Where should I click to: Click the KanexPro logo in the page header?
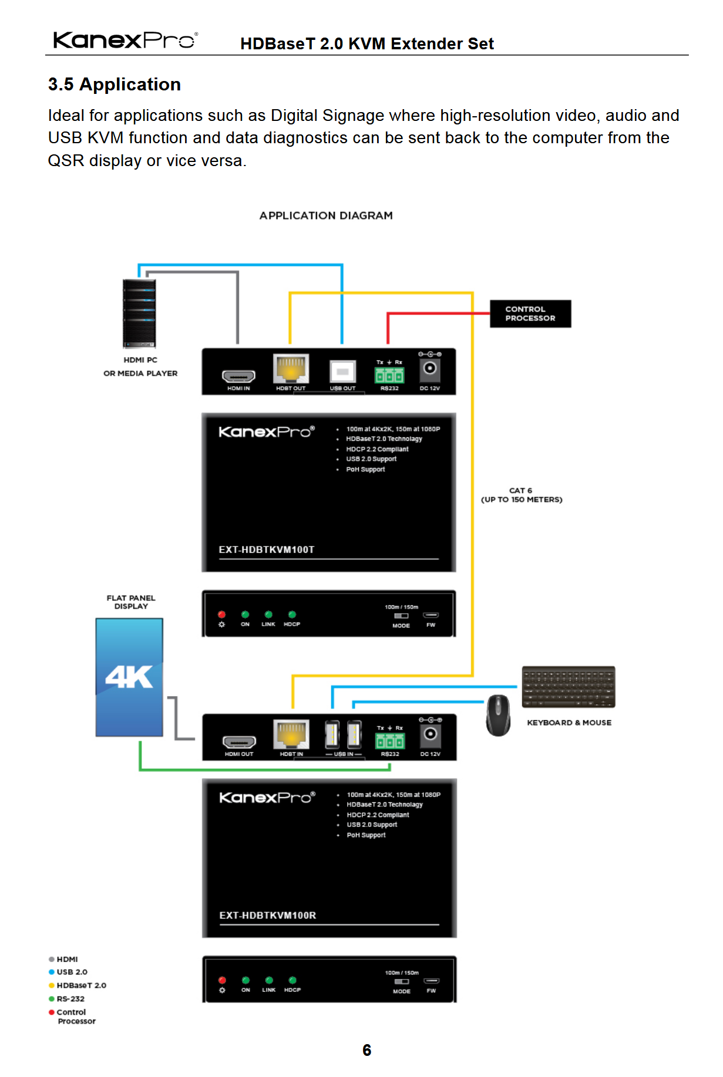pos(125,40)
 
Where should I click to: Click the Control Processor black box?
pos(530,313)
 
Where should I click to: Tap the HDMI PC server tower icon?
pos(139,313)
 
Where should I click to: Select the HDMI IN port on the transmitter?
pos(238,376)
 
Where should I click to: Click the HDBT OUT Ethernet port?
pos(291,369)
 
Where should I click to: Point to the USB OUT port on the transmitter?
pos(342,371)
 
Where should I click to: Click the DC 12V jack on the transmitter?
pos(430,368)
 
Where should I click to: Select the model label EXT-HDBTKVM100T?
pos(267,550)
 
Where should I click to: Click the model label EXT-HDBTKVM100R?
pos(268,916)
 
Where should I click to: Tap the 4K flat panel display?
pos(129,677)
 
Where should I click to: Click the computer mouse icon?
pos(498,715)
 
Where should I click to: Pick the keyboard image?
pos(568,687)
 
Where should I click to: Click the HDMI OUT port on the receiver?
pos(239,741)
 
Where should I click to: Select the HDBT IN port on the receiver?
pos(291,735)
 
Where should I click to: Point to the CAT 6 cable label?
pos(521,495)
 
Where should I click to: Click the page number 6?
pos(366,1050)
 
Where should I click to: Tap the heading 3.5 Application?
pos(115,85)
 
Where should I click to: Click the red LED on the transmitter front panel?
pos(221,615)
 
